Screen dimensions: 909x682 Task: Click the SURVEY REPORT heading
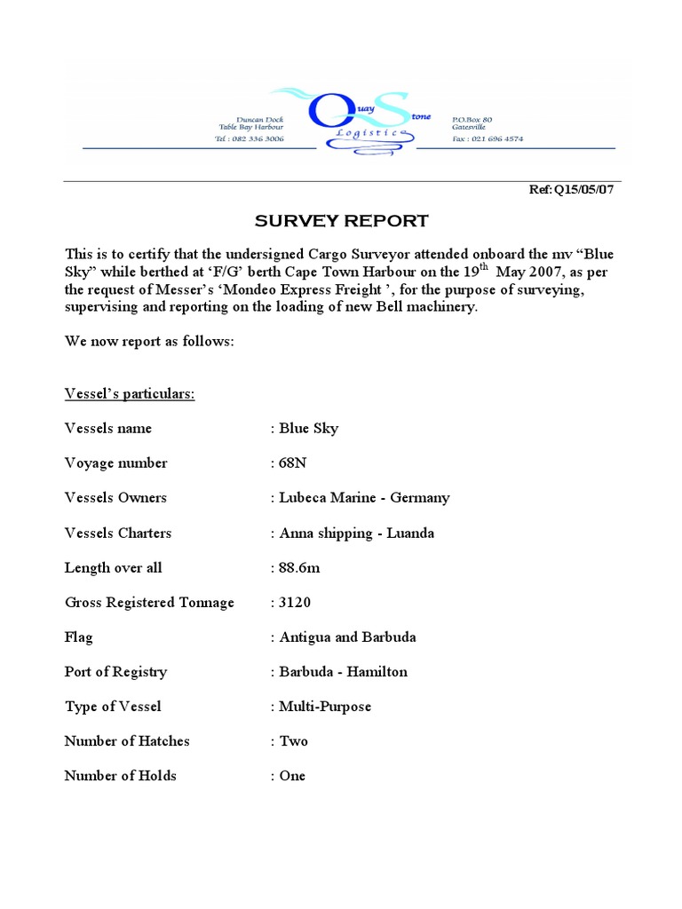tap(342, 221)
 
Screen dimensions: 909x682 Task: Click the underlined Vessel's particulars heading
tap(130, 394)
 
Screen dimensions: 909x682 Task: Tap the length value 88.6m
tap(299, 568)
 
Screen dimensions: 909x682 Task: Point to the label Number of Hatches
tap(127, 741)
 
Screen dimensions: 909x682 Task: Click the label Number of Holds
tap(121, 776)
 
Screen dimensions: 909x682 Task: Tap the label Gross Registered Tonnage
tap(149, 603)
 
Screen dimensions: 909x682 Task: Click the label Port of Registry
tap(115, 672)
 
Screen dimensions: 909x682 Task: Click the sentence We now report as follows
tap(149, 342)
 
